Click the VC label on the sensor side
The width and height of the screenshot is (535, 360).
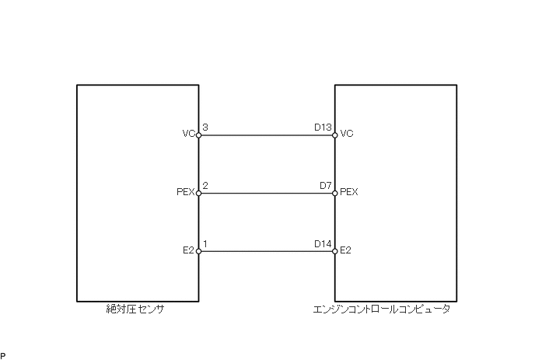tap(188, 134)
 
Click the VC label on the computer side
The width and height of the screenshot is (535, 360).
tap(347, 134)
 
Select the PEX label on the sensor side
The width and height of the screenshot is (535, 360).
tap(185, 192)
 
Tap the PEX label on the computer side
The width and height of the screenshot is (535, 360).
tap(349, 192)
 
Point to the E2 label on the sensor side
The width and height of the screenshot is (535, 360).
tap(187, 250)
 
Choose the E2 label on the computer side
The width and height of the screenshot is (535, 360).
tap(346, 250)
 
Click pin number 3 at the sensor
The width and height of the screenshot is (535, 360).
tap(205, 127)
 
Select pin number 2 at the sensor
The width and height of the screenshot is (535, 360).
tap(205, 185)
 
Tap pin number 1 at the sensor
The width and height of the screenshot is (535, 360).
tap(205, 243)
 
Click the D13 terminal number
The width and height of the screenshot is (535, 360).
tap(323, 127)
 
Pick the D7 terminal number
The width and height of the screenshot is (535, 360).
tap(326, 185)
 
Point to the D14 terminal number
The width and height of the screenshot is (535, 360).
tap(323, 243)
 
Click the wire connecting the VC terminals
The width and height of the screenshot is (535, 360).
tap(266, 135)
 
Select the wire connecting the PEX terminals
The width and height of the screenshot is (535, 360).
tap(266, 194)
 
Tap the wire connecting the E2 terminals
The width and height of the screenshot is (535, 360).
tap(266, 251)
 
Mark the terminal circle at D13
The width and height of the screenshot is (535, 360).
tap(334, 135)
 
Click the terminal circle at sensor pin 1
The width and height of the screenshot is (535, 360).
tap(198, 251)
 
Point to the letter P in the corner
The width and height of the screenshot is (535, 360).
tap(3, 355)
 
